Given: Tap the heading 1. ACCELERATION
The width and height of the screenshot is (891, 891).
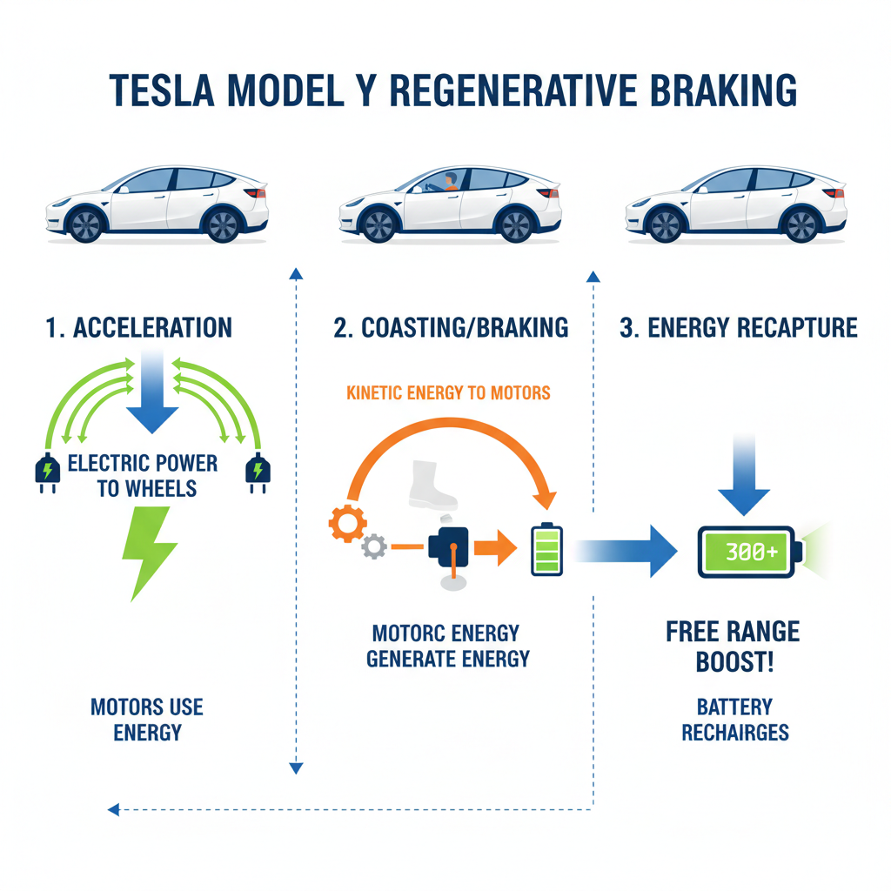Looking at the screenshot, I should (x=139, y=328).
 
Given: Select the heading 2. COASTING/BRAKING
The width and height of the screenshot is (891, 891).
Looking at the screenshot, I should (x=451, y=328).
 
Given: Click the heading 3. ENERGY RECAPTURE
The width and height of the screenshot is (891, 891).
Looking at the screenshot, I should (x=738, y=328).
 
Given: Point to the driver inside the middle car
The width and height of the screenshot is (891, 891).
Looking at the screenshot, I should (x=449, y=183).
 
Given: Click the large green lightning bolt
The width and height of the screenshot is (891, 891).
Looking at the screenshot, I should (x=151, y=553).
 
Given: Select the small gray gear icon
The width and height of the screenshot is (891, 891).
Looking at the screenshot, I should (x=374, y=546).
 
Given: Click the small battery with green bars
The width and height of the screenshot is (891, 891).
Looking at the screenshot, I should (x=546, y=549).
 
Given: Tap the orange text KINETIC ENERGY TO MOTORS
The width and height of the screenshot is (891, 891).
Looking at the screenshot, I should (x=448, y=393).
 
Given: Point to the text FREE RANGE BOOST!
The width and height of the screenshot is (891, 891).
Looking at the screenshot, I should (x=733, y=646).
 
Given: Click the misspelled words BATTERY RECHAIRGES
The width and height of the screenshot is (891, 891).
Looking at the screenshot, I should (x=734, y=719).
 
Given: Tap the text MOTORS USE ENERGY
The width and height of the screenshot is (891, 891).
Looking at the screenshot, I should (x=147, y=719).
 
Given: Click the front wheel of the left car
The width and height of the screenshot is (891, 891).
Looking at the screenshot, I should (x=86, y=224).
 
